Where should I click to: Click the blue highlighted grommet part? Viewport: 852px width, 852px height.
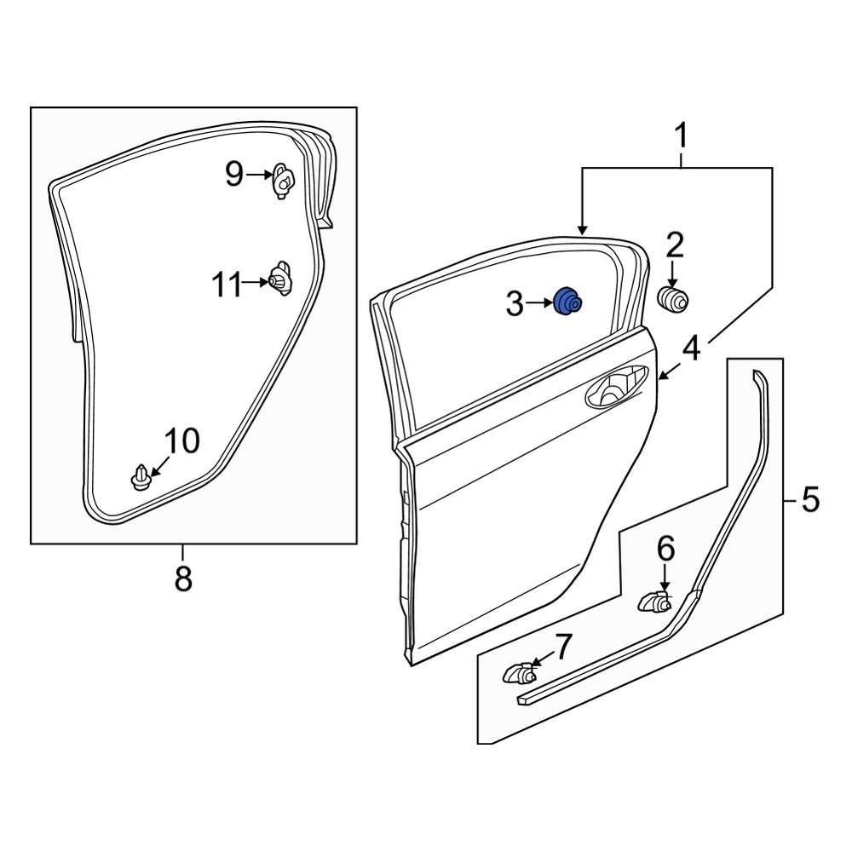coord(567,302)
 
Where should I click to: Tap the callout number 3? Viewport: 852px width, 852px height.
coord(514,303)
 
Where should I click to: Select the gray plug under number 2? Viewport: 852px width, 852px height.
coord(674,299)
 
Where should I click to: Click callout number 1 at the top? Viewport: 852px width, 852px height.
coord(681,135)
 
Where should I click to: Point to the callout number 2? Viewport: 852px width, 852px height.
coord(674,245)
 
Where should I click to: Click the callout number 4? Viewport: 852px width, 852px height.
coord(691,348)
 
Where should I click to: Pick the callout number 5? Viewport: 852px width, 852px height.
coord(809,498)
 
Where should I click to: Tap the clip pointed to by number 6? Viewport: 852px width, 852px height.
coord(654,602)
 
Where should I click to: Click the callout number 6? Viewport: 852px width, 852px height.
coord(665,548)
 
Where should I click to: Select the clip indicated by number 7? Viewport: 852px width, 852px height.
coord(518,675)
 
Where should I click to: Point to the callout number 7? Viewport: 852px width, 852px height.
coord(564,648)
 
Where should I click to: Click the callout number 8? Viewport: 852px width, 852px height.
coord(183,579)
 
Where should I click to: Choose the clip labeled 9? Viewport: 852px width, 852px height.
coord(284,181)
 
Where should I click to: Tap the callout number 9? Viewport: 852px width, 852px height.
coord(234,176)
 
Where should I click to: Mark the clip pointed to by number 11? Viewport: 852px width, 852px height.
coord(279,279)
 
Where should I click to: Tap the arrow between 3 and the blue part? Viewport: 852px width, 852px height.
coord(540,302)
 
